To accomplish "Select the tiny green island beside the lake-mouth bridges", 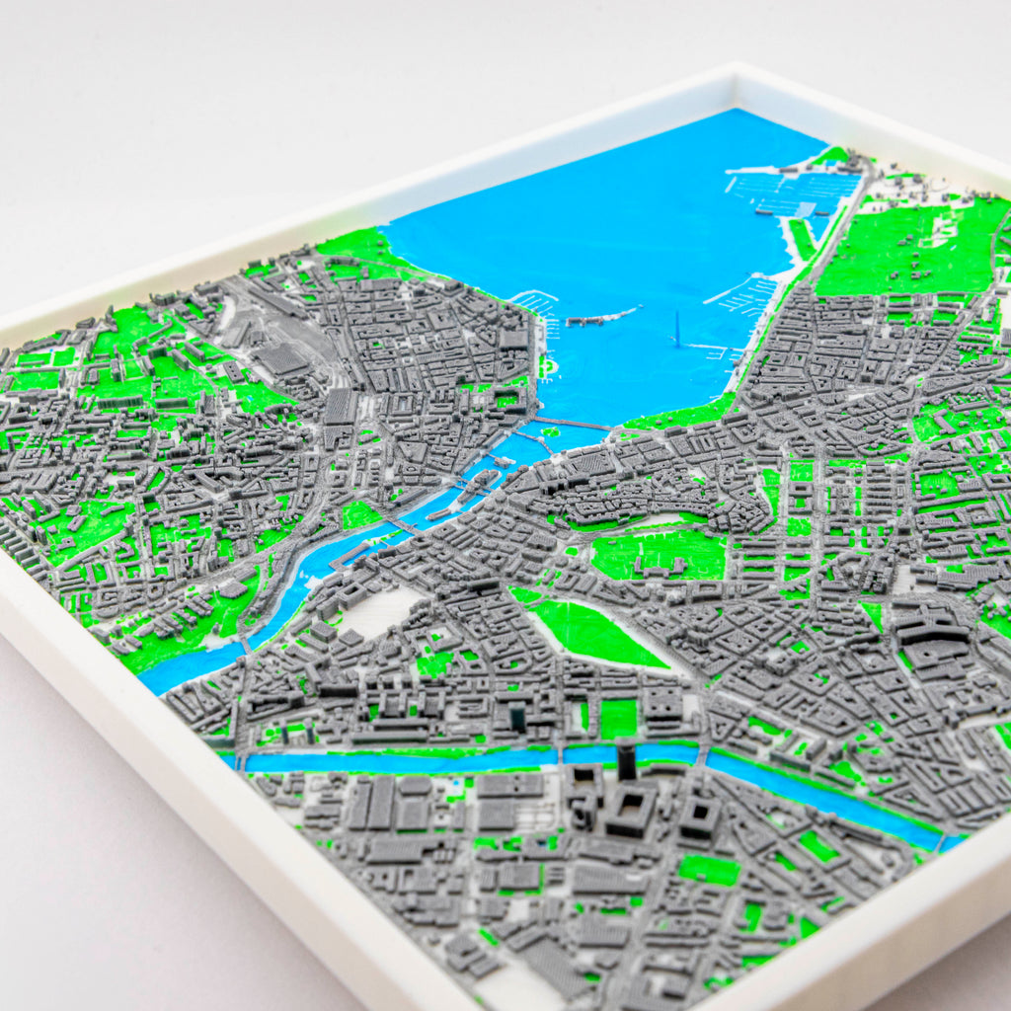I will tap(545, 367).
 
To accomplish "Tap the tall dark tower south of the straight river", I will tap(627, 761).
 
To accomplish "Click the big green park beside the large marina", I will tap(908, 247).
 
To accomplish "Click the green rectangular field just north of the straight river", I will tap(619, 719).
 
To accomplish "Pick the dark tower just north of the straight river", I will tap(518, 716).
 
